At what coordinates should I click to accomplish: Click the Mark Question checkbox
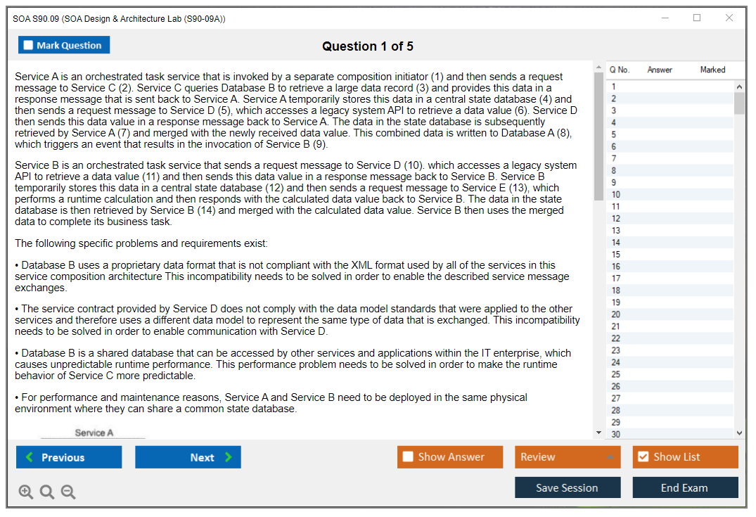pyautogui.click(x=28, y=46)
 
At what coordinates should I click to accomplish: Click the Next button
pyautogui.click(x=188, y=457)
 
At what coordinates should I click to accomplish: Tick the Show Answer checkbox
pyautogui.click(x=408, y=457)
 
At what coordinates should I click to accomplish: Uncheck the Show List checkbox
pyautogui.click(x=643, y=457)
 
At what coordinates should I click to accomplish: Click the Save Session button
pyautogui.click(x=567, y=487)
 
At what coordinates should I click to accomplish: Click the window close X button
pyautogui.click(x=729, y=18)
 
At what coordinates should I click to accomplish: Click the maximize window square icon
pyautogui.click(x=697, y=18)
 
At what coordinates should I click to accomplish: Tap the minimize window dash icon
pyautogui.click(x=665, y=18)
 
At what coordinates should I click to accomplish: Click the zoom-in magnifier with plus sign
pyautogui.click(x=26, y=492)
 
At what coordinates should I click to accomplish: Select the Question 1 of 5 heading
pyautogui.click(x=367, y=46)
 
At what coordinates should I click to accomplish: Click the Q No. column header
pyautogui.click(x=620, y=70)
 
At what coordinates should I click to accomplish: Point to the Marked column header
pyautogui.click(x=712, y=70)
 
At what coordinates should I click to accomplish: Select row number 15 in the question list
pyautogui.click(x=616, y=255)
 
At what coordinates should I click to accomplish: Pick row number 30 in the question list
pyautogui.click(x=616, y=434)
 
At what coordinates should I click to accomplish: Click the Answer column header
pyautogui.click(x=660, y=70)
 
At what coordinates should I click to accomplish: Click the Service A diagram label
pyautogui.click(x=94, y=433)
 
